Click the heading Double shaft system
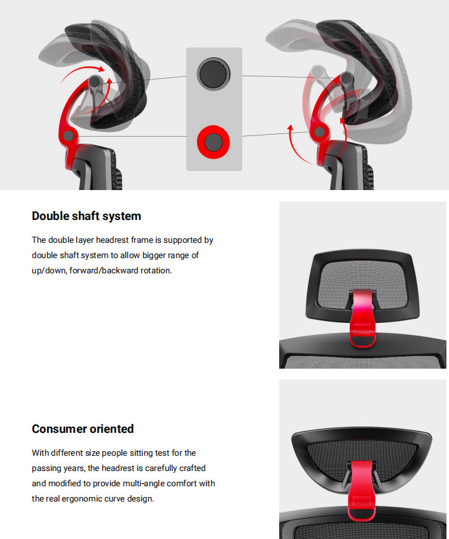[x=86, y=216]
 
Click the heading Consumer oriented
[x=83, y=429]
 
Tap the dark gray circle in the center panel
[x=214, y=74]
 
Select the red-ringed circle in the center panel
[x=213, y=142]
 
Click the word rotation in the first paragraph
[x=156, y=271]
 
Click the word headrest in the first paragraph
[x=112, y=240]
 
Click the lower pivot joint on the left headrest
[x=68, y=136]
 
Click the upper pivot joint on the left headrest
[x=94, y=82]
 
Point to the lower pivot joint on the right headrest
[x=320, y=132]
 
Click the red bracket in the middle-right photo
[x=363, y=318]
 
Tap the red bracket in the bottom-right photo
[x=361, y=489]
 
